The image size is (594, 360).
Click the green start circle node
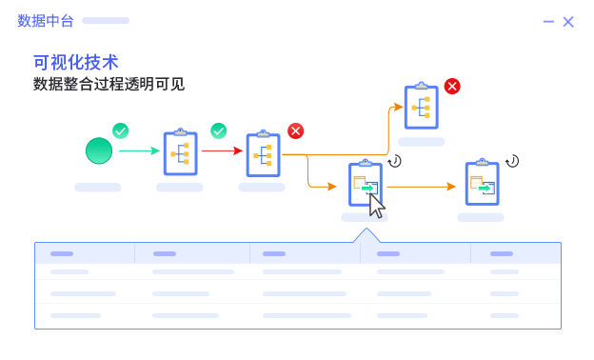[98, 150]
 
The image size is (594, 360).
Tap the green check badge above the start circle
[120, 130]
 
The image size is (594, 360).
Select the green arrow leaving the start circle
[139, 150]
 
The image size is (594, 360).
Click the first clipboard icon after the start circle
[180, 152]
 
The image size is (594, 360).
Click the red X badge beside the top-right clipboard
[452, 87]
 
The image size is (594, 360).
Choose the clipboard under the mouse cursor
[365, 184]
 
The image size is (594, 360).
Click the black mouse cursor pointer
[377, 205]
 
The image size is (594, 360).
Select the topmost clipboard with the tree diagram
[421, 107]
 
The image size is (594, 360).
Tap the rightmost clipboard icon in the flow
[482, 183]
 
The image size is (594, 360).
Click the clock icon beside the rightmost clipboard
[512, 161]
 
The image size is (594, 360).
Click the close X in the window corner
[568, 22]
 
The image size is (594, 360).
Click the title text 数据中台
[46, 21]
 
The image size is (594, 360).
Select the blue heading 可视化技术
[76, 62]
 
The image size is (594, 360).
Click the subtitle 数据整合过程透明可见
[109, 84]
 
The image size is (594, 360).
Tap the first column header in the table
[62, 254]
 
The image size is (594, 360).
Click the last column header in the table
[502, 254]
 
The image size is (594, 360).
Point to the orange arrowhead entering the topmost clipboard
[398, 107]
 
